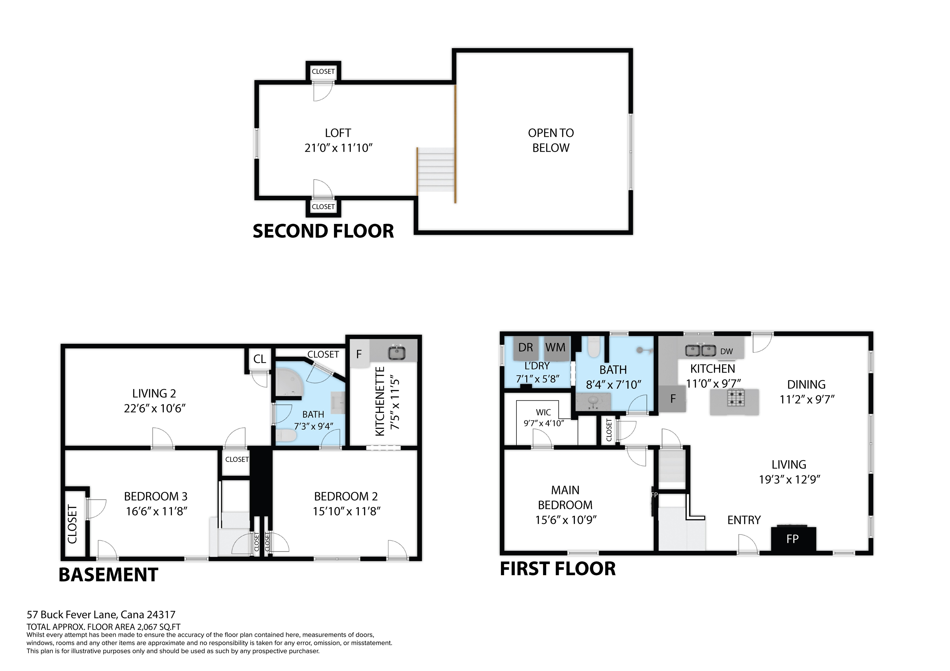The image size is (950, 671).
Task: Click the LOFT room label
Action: [x=338, y=133]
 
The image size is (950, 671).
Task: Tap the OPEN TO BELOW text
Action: [x=551, y=141]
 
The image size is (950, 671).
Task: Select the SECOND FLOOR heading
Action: [x=323, y=231]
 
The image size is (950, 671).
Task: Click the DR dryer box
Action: [x=525, y=348]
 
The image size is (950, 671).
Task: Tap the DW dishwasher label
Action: [x=726, y=352]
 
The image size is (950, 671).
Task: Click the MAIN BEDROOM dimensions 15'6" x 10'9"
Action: [x=566, y=520]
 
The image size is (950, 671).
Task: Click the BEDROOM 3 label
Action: [x=156, y=496]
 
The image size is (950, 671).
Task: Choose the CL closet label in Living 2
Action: [x=259, y=359]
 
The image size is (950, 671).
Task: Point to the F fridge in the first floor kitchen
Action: [x=673, y=399]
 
